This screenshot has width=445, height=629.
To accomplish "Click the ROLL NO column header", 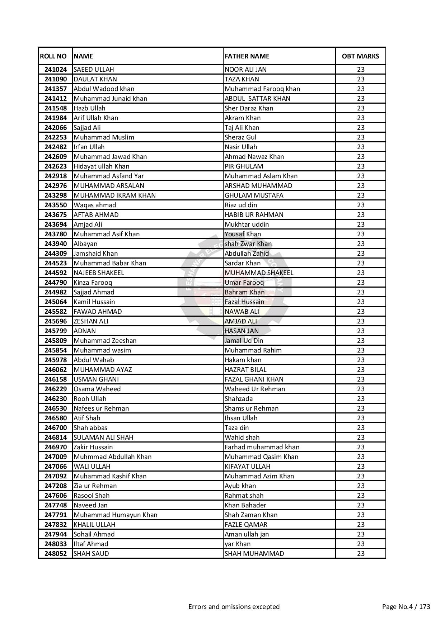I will (x=53, y=56).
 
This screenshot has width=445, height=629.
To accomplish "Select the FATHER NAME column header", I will (x=247, y=56).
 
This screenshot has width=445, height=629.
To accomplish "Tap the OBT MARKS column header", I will (x=360, y=56).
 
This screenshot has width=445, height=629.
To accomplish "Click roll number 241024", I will (x=56, y=70).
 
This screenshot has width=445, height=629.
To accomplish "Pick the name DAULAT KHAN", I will (x=95, y=79).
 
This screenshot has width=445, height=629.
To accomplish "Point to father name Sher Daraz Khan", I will (x=249, y=108).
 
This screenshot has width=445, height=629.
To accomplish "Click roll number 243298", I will (x=56, y=195).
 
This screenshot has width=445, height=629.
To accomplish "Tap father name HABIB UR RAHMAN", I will (x=254, y=215).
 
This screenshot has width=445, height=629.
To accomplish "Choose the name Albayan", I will (x=85, y=244).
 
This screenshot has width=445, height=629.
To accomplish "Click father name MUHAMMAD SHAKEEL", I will (x=259, y=273).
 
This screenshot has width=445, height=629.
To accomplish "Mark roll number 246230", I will (x=56, y=399).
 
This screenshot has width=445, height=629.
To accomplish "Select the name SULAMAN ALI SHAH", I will (x=103, y=438).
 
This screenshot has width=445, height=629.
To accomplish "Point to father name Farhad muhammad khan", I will (x=262, y=447).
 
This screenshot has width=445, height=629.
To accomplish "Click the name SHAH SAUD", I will (x=91, y=554).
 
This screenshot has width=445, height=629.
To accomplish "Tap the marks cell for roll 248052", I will (x=360, y=554).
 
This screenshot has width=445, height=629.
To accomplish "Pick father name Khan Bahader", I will (x=245, y=505).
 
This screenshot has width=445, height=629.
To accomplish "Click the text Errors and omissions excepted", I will (x=234, y=607).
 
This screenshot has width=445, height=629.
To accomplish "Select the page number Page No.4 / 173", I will (x=406, y=607).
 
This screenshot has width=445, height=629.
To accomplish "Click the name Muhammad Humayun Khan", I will (x=115, y=515).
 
